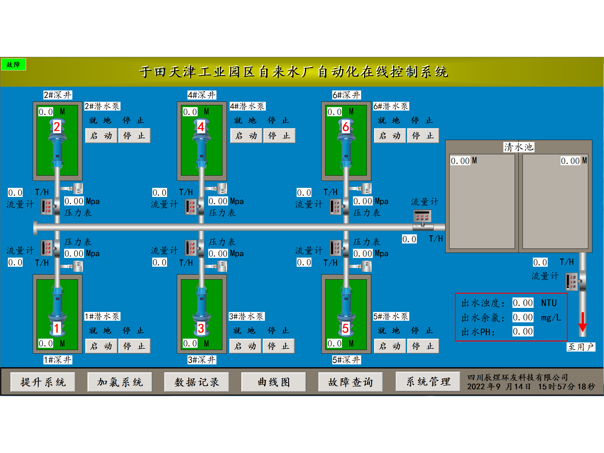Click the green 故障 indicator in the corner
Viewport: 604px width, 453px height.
(13, 65)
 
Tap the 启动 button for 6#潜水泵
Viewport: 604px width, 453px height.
(389, 136)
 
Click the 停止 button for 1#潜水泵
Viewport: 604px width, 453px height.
(134, 346)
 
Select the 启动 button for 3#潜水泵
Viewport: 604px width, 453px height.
(245, 346)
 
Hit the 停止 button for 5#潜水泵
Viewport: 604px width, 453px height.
(423, 346)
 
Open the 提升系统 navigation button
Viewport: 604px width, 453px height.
(43, 382)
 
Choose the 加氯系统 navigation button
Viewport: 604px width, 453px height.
(120, 382)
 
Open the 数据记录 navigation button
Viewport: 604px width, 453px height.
(197, 382)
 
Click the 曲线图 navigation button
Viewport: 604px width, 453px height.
(273, 382)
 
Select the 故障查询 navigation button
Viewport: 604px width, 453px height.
(350, 382)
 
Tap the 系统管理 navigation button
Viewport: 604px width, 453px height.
(428, 382)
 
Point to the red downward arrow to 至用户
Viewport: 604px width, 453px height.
(583, 322)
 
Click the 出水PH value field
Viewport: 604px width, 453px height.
(523, 331)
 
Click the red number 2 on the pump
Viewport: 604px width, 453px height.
(57, 127)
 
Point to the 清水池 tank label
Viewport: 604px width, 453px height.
(519, 147)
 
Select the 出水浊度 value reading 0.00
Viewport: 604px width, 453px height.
(523, 303)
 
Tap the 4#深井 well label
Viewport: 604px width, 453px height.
(202, 95)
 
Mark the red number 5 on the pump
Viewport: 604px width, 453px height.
(345, 328)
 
